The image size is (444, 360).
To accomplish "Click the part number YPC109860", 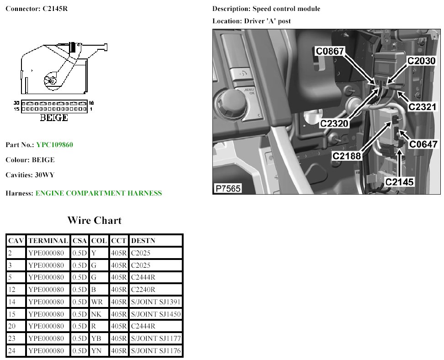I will point(54,145).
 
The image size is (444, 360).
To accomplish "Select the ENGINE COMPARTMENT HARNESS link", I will point(98,193).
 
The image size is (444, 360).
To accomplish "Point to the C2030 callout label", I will point(421,61).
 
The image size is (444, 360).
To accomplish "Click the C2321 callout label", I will point(423,106).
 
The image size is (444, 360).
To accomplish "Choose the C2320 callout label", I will point(335,123).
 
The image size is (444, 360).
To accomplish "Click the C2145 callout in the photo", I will point(399,182).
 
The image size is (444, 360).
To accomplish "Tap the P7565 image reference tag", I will point(228,188).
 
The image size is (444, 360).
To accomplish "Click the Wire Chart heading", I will point(95,221).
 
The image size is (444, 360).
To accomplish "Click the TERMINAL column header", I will point(48,241).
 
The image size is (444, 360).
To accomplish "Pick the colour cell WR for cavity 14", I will point(96,302).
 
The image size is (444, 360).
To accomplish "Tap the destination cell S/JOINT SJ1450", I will point(156,314).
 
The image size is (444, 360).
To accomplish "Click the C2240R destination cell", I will point(143,290).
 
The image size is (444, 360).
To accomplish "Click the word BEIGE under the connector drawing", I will point(54,118).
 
